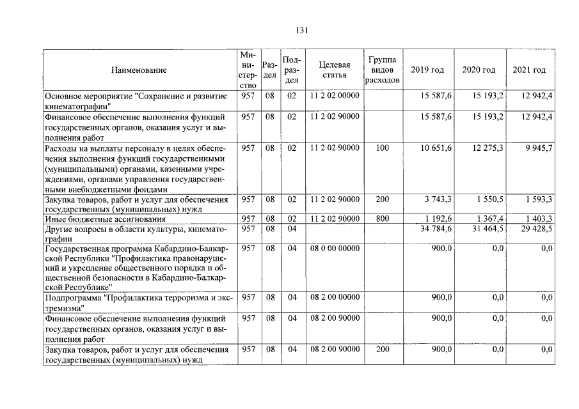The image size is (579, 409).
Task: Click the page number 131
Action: (303, 31)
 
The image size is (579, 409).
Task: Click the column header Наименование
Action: (139, 70)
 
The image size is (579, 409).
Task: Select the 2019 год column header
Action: (427, 70)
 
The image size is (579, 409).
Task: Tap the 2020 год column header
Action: (479, 70)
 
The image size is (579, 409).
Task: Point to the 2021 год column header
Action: (529, 70)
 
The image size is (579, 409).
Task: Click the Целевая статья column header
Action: (334, 70)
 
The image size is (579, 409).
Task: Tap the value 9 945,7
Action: (537, 148)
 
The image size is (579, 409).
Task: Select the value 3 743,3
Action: (438, 199)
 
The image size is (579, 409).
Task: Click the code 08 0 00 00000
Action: (335, 248)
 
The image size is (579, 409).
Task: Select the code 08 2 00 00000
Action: (335, 298)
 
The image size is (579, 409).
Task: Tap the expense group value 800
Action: (382, 219)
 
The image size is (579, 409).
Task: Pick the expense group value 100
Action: (382, 148)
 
